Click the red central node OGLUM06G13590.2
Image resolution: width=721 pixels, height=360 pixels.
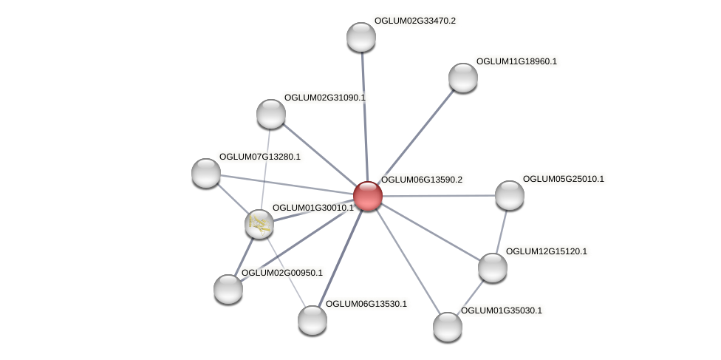click(x=367, y=196)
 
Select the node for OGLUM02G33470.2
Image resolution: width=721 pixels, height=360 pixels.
click(x=361, y=37)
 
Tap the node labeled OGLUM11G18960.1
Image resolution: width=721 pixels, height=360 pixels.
click(x=463, y=78)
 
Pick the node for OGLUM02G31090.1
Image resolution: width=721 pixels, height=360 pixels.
click(x=271, y=114)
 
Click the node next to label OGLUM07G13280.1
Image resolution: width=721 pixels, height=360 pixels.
click(x=206, y=173)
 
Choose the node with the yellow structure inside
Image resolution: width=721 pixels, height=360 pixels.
click(x=259, y=223)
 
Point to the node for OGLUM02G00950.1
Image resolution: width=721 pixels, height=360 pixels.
click(x=228, y=288)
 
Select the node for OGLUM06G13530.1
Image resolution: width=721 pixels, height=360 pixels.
click(x=312, y=319)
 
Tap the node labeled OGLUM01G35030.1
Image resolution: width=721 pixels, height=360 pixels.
click(x=447, y=326)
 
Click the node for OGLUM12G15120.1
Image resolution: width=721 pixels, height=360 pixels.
click(x=493, y=267)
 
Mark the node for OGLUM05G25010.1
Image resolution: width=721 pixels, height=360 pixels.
click(x=509, y=195)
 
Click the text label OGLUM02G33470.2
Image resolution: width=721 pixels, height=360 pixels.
click(x=414, y=21)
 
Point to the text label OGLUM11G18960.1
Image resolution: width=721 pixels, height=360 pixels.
click(x=516, y=61)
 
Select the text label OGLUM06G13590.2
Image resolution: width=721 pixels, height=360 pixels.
click(x=421, y=180)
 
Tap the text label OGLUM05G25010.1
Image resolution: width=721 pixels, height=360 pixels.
click(x=563, y=179)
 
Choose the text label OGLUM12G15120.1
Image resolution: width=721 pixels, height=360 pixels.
click(x=546, y=251)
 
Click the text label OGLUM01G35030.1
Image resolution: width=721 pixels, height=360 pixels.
click(x=501, y=310)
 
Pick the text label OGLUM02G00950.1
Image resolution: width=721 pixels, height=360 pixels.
click(x=281, y=273)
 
